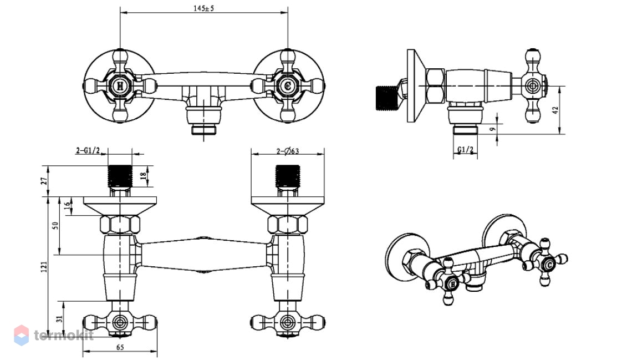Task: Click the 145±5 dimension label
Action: (x=203, y=8)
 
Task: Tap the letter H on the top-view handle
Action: (x=120, y=85)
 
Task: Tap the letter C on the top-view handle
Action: (x=288, y=85)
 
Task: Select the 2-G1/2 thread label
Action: (x=88, y=150)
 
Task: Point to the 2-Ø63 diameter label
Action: (x=287, y=151)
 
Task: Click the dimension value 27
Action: (x=44, y=181)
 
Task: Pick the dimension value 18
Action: (x=143, y=174)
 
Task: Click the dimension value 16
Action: (x=67, y=205)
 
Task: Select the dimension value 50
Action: (x=55, y=226)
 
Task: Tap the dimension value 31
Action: (x=59, y=319)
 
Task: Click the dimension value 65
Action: (x=120, y=347)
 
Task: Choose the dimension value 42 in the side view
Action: (x=555, y=110)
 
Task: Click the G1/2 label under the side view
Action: (x=466, y=150)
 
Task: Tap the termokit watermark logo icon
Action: (x=22, y=335)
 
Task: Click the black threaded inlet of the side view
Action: (x=385, y=97)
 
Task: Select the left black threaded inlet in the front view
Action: (x=120, y=176)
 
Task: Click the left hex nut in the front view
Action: (x=120, y=225)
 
